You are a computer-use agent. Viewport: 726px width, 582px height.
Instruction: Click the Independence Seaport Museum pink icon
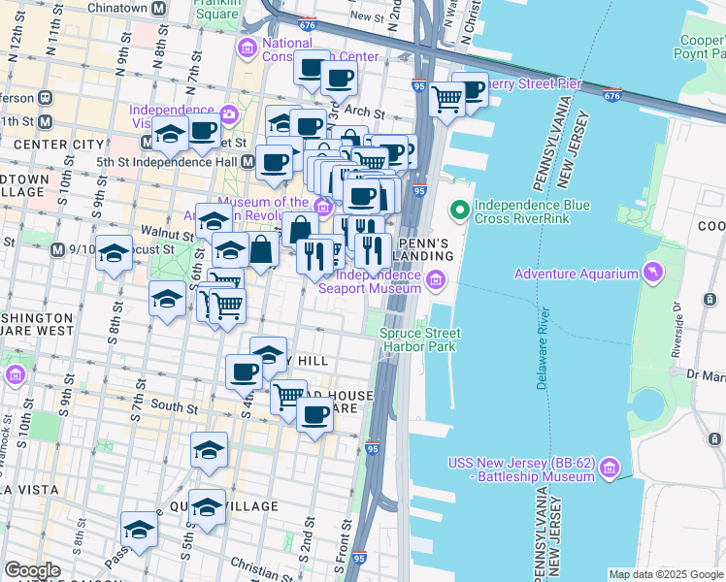tap(436, 282)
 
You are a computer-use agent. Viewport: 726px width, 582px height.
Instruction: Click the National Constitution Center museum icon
tap(247, 48)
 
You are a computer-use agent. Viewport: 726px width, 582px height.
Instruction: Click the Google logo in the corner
tap(32, 570)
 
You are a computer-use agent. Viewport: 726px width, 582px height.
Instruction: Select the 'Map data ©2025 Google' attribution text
tap(665, 574)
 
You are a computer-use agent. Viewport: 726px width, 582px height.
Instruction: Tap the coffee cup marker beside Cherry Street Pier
tap(470, 91)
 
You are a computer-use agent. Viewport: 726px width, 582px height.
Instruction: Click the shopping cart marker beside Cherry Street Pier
tap(446, 98)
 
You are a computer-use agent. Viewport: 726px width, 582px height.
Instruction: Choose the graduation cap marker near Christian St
tap(140, 530)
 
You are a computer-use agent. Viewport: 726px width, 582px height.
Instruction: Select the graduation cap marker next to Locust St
tap(115, 254)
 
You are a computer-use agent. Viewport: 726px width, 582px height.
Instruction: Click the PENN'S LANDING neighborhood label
tap(425, 248)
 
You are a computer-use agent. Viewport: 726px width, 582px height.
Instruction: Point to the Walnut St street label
tap(165, 235)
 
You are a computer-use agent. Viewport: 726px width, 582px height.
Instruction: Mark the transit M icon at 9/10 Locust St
tap(56, 249)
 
